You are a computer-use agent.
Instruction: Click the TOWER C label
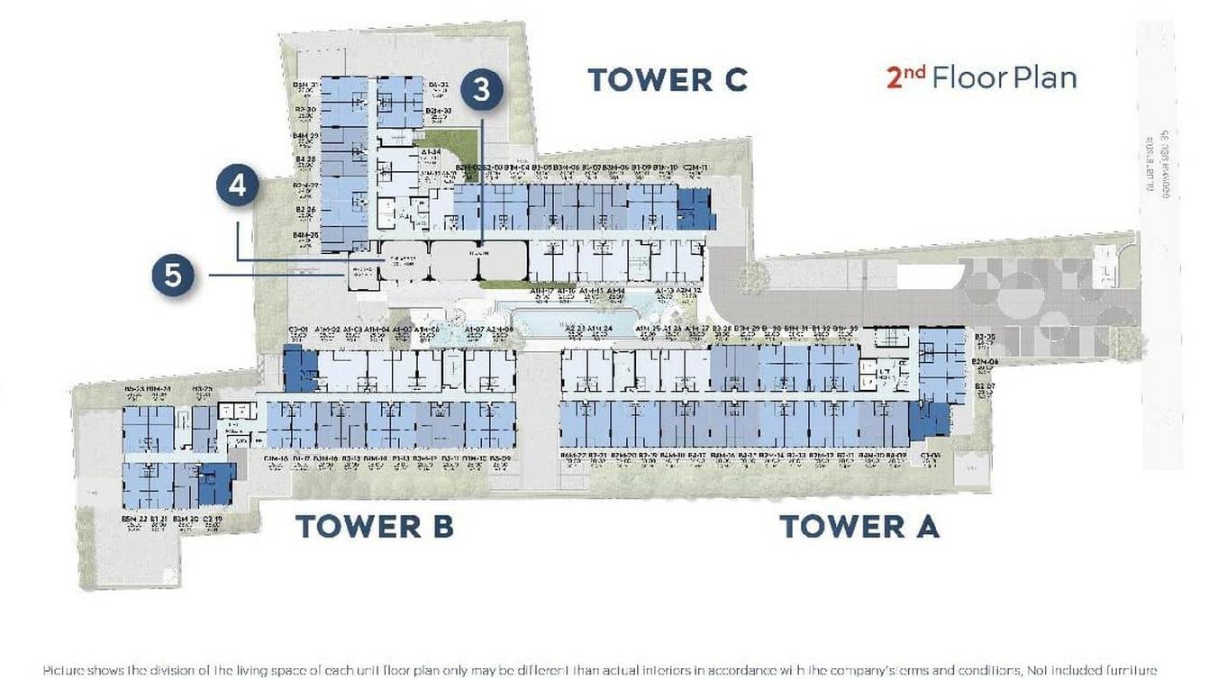(668, 79)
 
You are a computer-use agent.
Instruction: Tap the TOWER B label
(374, 526)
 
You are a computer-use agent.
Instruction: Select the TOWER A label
(859, 526)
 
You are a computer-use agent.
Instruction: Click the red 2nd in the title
(905, 77)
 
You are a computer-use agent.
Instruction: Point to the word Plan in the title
(1044, 77)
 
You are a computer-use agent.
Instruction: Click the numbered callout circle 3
(482, 89)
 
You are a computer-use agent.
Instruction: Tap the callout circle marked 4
(238, 186)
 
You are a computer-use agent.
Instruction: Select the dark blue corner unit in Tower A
(928, 421)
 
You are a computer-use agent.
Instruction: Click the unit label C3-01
(298, 330)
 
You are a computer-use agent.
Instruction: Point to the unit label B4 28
(305, 159)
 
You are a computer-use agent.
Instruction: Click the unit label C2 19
(214, 520)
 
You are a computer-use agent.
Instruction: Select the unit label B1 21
(159, 520)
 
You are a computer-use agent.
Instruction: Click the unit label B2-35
(985, 337)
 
